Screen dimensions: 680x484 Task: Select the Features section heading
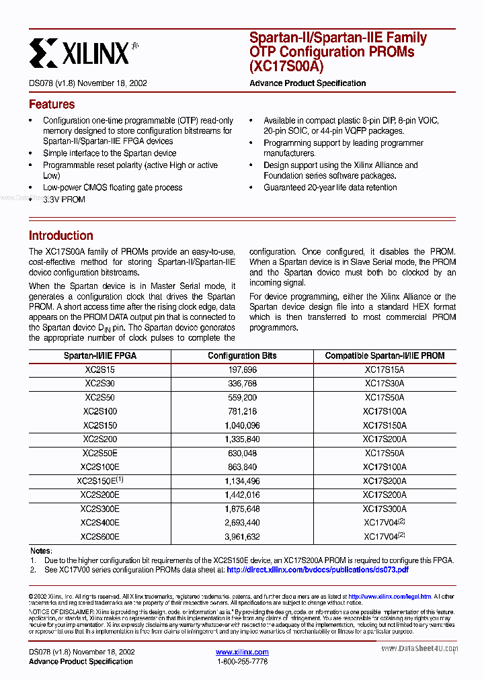[x=52, y=104]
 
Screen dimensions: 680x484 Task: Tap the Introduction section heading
[x=61, y=236]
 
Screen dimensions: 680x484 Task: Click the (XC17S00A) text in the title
[x=286, y=66]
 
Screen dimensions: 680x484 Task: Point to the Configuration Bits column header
[x=242, y=355]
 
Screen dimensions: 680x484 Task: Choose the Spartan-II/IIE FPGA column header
[x=99, y=355]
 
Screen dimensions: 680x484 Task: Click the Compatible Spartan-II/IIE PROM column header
[x=385, y=355]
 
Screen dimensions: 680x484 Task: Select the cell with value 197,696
[x=242, y=370]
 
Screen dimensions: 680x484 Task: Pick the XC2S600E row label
[x=99, y=536]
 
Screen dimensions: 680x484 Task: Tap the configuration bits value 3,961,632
[x=242, y=536]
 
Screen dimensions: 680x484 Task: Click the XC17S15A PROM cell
[x=385, y=370]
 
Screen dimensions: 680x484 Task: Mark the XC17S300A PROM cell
[x=385, y=509]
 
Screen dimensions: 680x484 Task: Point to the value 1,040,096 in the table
[x=242, y=425]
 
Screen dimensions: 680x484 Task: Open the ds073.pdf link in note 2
[x=317, y=569]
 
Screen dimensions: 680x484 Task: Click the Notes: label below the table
[x=41, y=551]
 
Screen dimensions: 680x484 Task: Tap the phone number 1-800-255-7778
[x=242, y=662]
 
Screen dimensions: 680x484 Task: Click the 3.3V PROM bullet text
[x=64, y=200]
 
